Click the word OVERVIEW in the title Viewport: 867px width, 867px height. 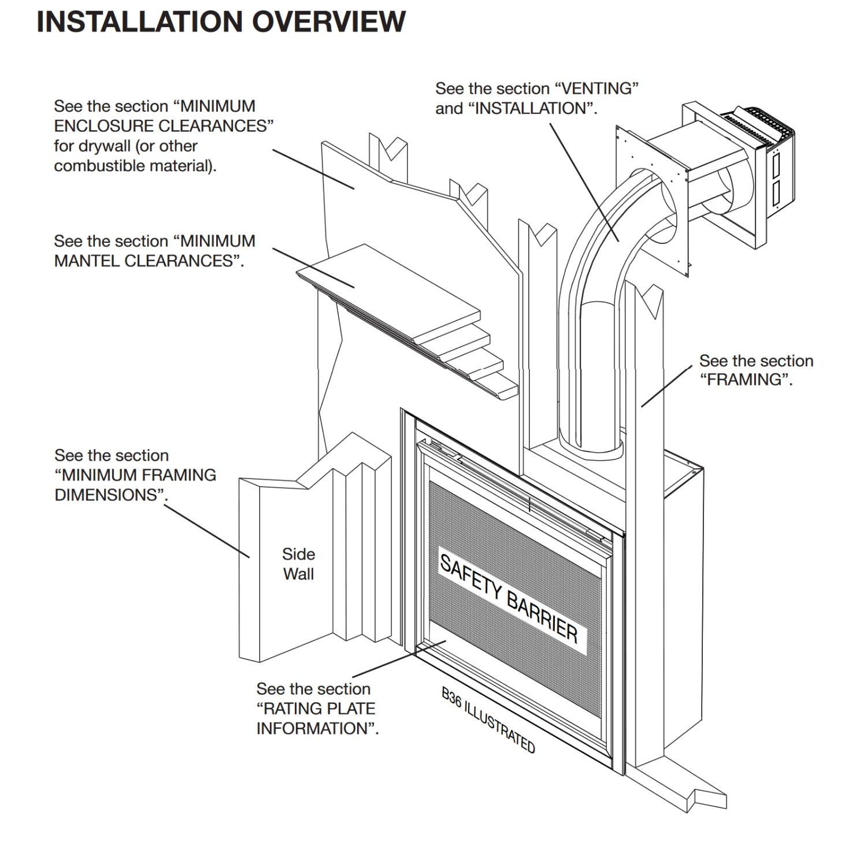(x=329, y=22)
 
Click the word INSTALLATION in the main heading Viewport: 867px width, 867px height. (x=139, y=22)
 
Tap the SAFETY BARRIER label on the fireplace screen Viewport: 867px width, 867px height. (x=509, y=598)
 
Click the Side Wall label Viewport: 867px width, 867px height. (x=298, y=564)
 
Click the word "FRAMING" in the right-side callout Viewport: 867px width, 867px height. (x=746, y=380)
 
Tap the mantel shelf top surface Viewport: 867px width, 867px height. (x=387, y=283)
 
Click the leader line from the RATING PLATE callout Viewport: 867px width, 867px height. (x=399, y=659)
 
